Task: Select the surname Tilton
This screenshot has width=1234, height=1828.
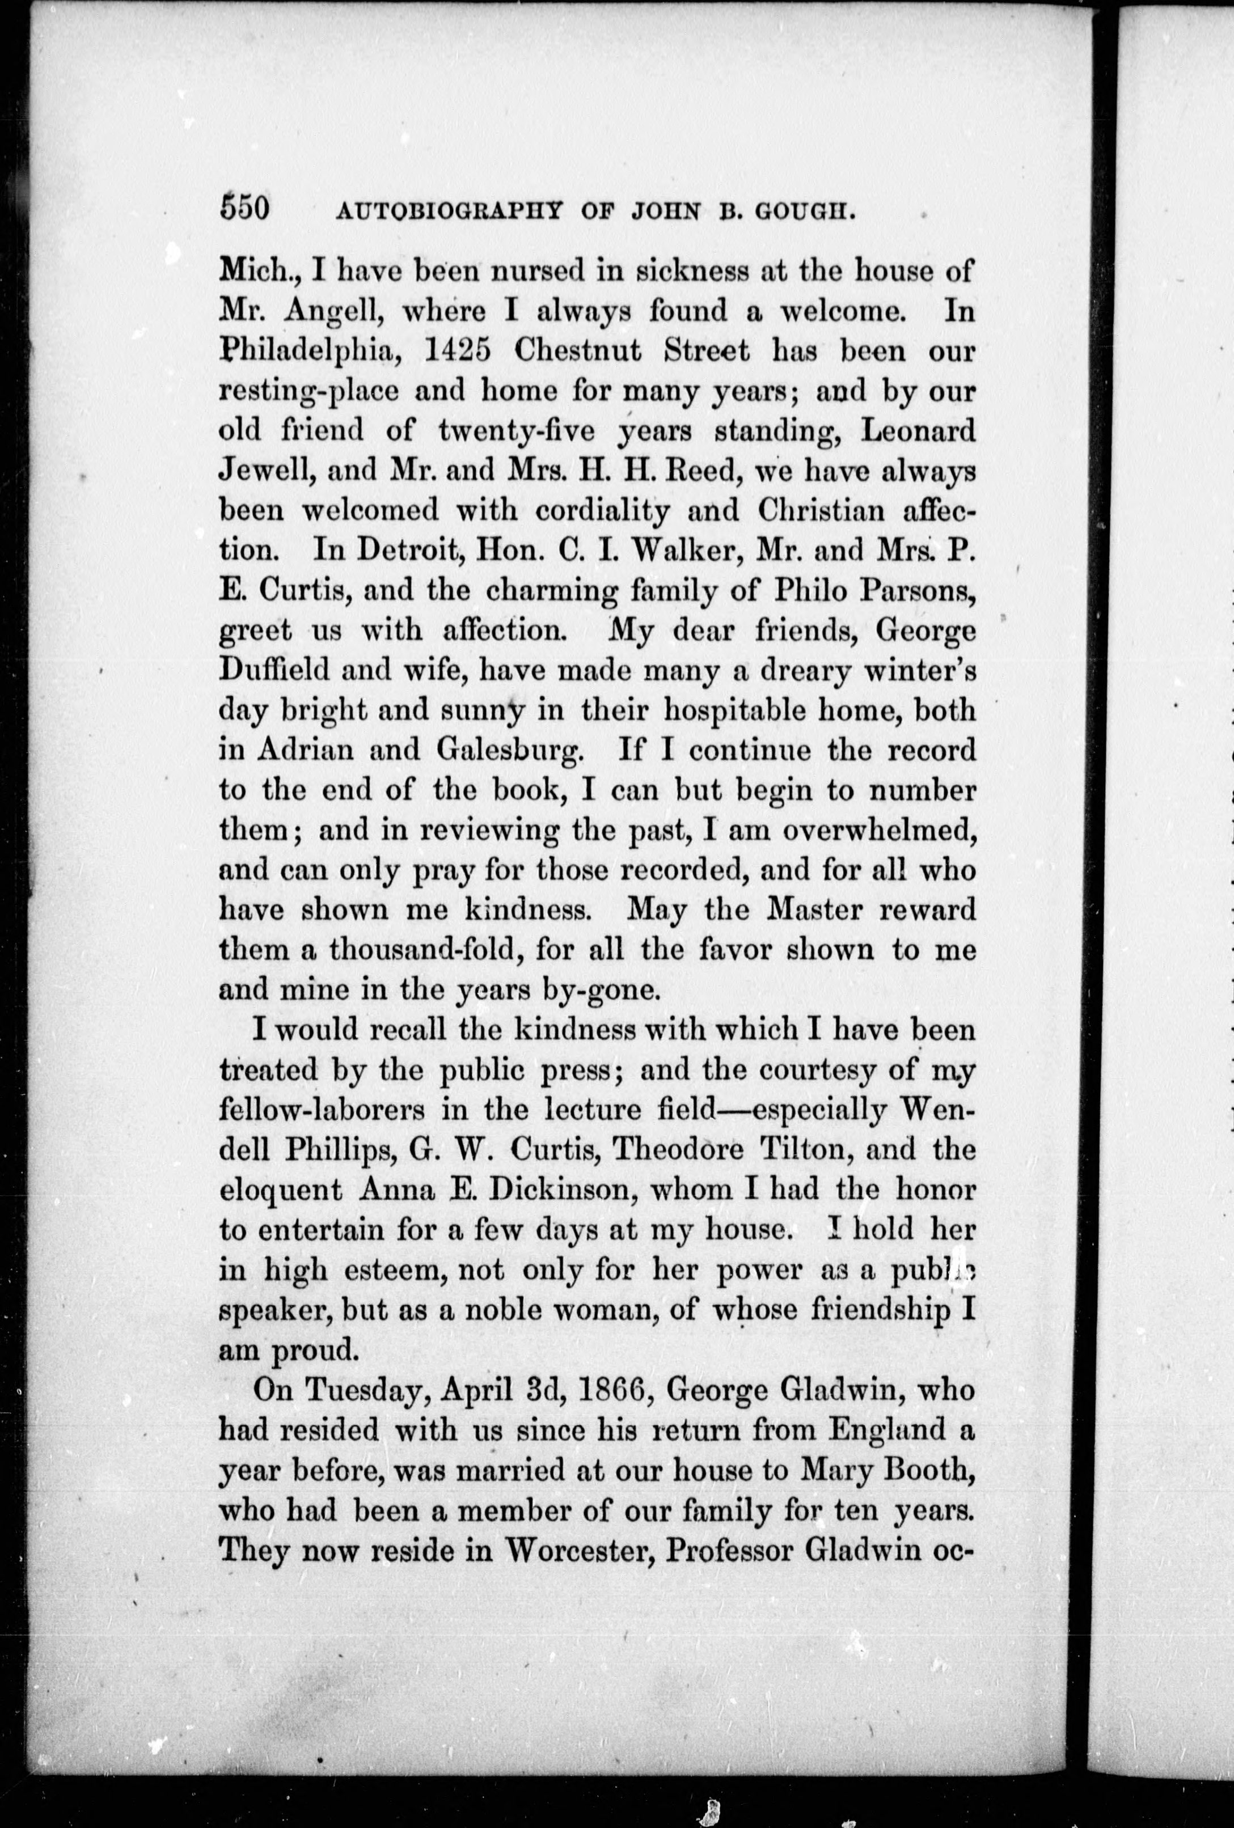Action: [800, 1150]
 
